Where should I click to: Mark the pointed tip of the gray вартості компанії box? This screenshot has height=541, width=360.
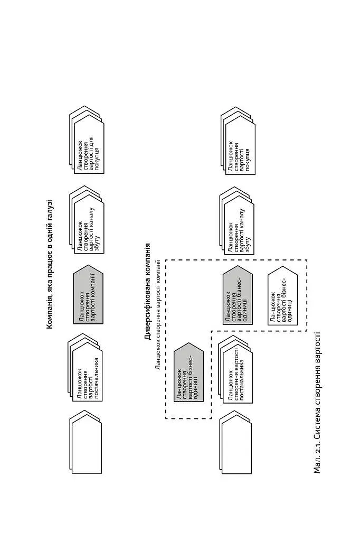point(88,266)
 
